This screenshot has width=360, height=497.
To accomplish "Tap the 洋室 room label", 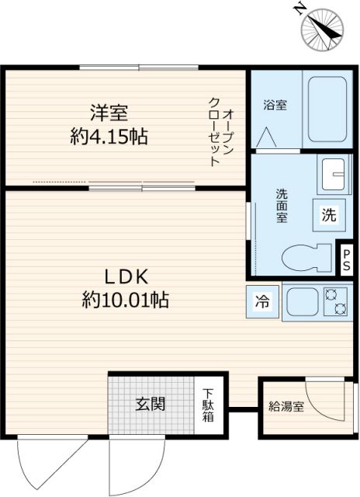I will click(x=108, y=113).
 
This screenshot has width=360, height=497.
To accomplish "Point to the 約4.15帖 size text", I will click(x=108, y=138).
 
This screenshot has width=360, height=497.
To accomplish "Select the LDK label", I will click(x=126, y=276).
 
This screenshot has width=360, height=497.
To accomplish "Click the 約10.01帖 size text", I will click(x=126, y=300).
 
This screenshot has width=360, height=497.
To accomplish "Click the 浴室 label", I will click(x=275, y=104).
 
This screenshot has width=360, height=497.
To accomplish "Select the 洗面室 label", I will click(x=282, y=205).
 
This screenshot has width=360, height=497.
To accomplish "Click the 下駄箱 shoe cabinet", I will click(x=209, y=405).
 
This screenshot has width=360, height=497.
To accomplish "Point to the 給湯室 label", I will click(x=286, y=405).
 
